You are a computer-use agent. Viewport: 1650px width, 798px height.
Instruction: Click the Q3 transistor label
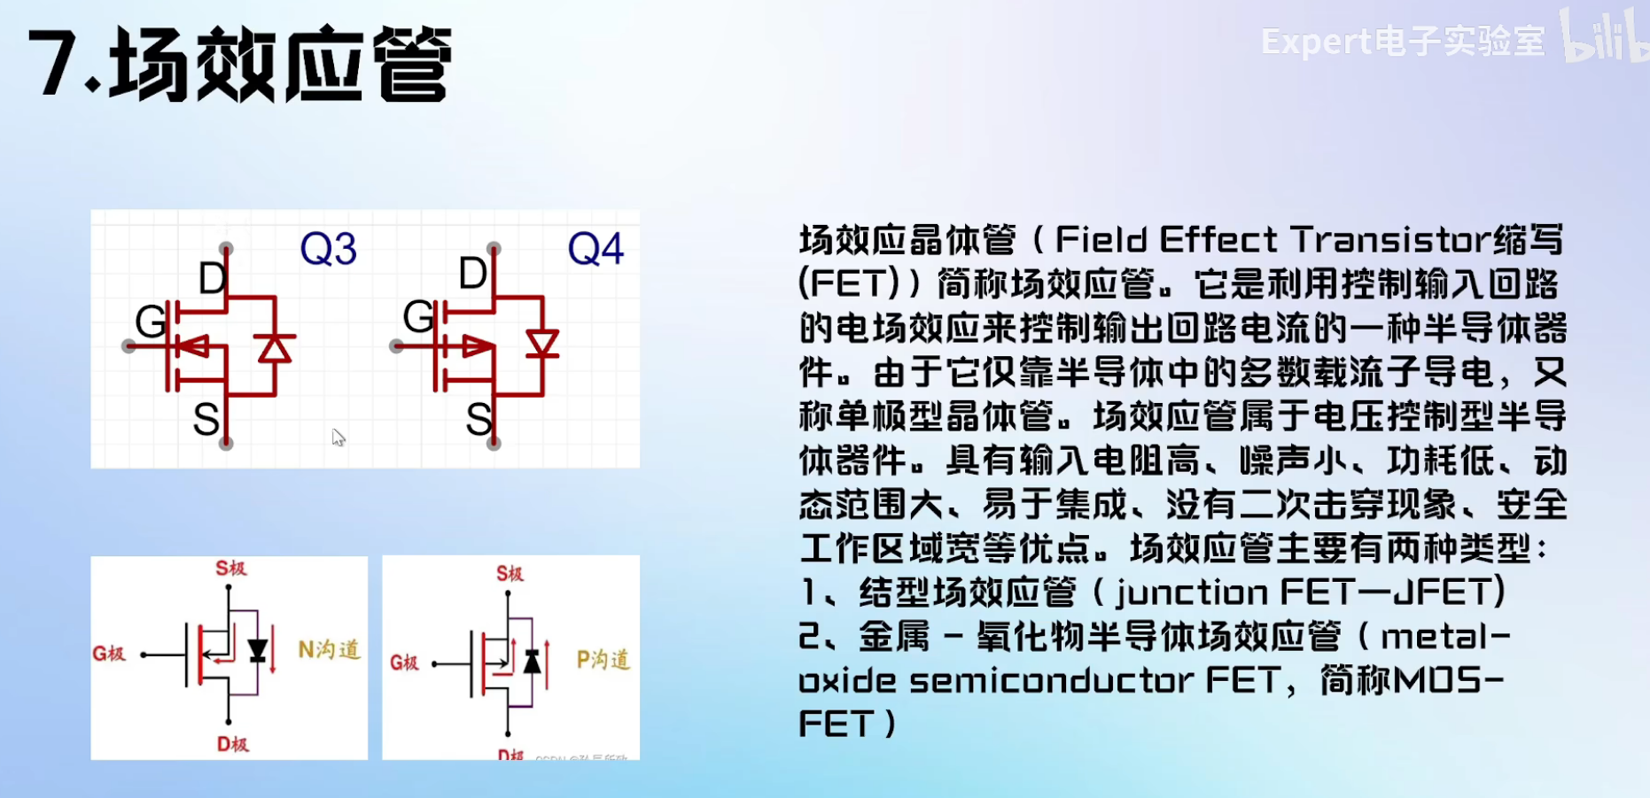(328, 249)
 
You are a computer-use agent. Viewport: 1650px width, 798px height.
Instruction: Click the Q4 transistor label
(595, 249)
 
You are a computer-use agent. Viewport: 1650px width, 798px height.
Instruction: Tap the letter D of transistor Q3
(213, 279)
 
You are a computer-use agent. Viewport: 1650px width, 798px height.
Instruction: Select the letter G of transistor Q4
(418, 316)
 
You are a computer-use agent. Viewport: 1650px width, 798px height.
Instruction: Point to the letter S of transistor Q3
(206, 419)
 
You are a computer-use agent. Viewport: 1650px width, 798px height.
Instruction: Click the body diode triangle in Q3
(274, 348)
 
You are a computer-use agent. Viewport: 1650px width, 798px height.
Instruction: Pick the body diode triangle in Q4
(541, 344)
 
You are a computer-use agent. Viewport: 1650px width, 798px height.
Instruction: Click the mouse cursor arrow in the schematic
(338, 438)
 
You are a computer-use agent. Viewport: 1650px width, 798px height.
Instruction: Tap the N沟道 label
(329, 650)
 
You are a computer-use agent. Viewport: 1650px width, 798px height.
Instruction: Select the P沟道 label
(603, 660)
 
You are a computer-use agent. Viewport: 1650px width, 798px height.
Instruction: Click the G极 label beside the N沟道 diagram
(109, 654)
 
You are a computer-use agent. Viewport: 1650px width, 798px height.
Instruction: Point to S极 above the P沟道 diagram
(510, 574)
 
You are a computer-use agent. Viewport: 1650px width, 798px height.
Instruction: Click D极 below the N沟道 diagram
(233, 744)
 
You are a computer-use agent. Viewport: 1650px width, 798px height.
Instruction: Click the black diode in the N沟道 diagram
(258, 652)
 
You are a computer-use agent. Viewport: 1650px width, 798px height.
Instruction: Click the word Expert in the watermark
(1315, 42)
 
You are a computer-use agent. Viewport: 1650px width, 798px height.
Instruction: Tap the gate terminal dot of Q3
(128, 345)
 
